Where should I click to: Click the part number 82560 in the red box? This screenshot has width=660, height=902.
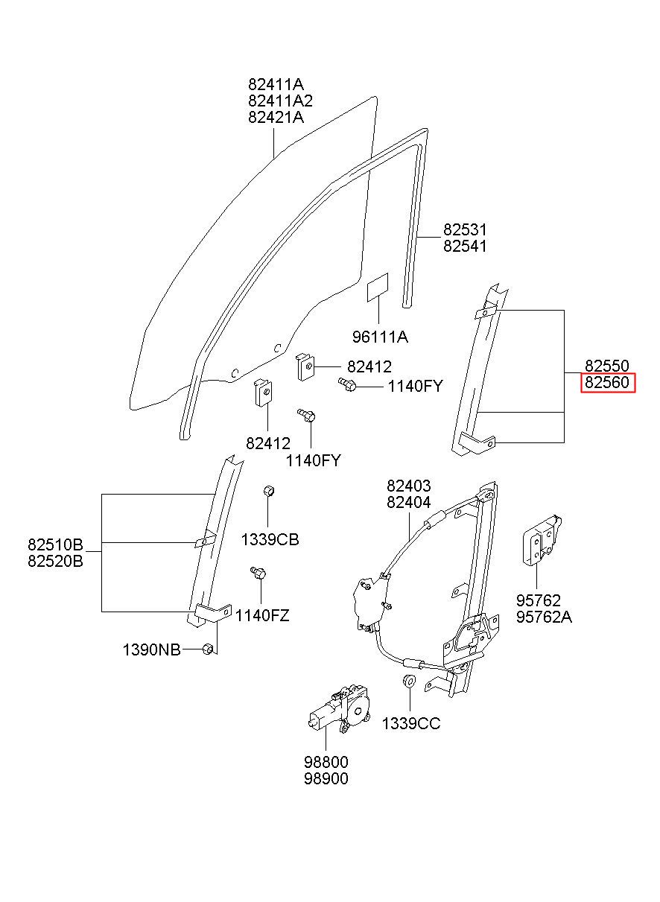click(x=607, y=383)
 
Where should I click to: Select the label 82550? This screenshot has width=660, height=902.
click(x=607, y=366)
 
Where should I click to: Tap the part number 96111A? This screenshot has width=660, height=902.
click(x=380, y=337)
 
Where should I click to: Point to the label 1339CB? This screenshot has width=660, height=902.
click(x=270, y=539)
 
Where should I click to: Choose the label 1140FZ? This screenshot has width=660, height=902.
click(x=262, y=616)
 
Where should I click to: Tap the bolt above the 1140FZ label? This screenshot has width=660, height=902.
click(x=258, y=573)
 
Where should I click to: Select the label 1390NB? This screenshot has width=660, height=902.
click(x=151, y=650)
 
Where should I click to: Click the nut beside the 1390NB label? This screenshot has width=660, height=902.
click(x=209, y=649)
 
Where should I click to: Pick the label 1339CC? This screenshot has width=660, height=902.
click(x=411, y=723)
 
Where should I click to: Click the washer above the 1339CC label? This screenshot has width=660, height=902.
click(x=409, y=682)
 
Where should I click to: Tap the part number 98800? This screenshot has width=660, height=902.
click(x=326, y=762)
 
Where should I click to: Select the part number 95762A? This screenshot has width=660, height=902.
click(x=544, y=617)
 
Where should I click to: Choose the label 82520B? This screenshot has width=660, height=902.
click(x=66, y=561)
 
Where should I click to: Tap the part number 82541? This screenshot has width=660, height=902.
click(x=465, y=246)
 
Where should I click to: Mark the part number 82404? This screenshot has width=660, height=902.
click(x=408, y=502)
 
